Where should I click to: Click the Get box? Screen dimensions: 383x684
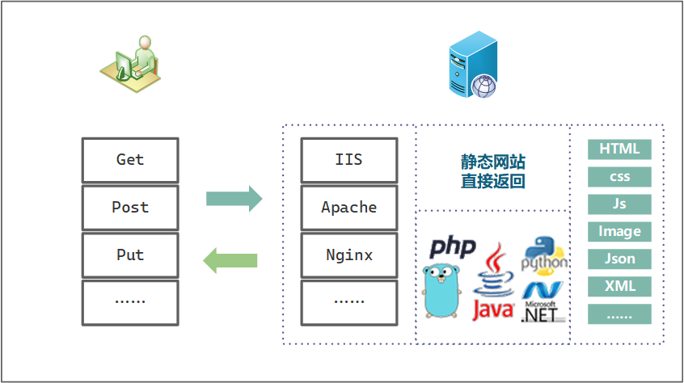tap(130, 160)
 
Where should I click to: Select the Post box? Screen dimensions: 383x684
tap(130, 208)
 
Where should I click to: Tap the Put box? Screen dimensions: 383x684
tap(130, 255)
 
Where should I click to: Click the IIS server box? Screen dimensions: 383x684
tap(348, 160)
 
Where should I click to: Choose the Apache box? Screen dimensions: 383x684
tap(348, 208)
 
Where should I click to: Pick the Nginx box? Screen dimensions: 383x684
tap(348, 255)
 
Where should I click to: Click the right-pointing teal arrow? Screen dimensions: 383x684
tap(234, 199)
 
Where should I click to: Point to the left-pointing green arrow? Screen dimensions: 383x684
tap(230, 260)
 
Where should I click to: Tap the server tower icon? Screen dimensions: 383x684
tap(473, 65)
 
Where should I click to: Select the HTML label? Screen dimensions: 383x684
tap(619, 149)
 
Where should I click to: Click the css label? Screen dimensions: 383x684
tap(619, 177)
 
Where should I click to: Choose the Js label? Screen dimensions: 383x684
tap(619, 204)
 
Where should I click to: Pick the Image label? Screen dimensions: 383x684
tap(619, 232)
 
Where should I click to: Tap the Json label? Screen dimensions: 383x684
tap(619, 259)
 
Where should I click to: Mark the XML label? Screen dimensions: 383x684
tap(619, 287)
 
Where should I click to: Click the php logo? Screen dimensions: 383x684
tap(453, 246)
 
